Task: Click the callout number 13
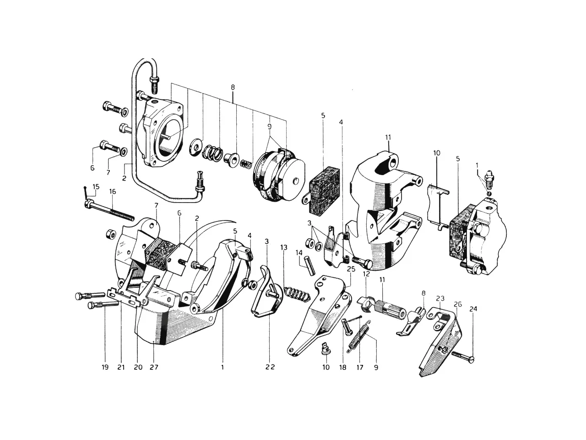pos(284,247)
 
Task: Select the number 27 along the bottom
pos(154,367)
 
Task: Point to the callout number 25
pos(351,269)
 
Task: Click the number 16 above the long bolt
pos(113,192)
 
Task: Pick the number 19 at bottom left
pos(105,367)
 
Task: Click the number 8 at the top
pos(233,87)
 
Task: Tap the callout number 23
pos(440,298)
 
